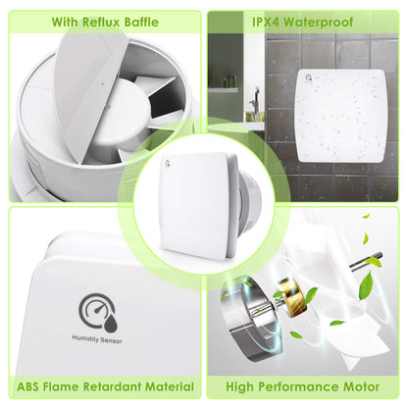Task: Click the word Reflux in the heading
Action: click(101, 23)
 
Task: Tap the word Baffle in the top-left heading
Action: click(141, 23)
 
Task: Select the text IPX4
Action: click(265, 23)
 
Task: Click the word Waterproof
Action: click(318, 23)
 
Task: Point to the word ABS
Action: click(28, 386)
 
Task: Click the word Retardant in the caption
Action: click(113, 386)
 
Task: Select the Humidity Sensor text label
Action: click(97, 339)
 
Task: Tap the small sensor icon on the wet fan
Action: click(309, 77)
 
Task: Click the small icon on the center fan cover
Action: click(168, 164)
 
